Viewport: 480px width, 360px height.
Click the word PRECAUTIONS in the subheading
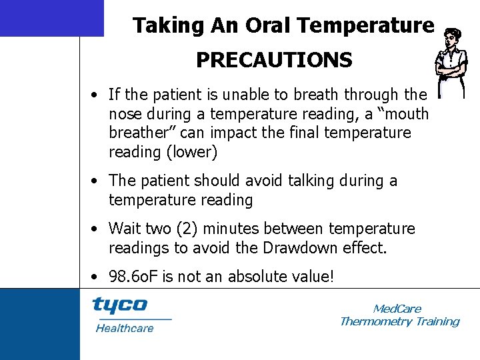[274, 61]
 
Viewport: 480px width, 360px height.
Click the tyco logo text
[119, 305]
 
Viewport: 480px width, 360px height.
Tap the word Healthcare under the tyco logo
[124, 328]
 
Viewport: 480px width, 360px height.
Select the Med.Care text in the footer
[397, 309]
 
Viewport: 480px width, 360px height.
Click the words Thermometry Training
[399, 321]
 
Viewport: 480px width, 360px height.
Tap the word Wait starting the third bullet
[125, 229]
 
